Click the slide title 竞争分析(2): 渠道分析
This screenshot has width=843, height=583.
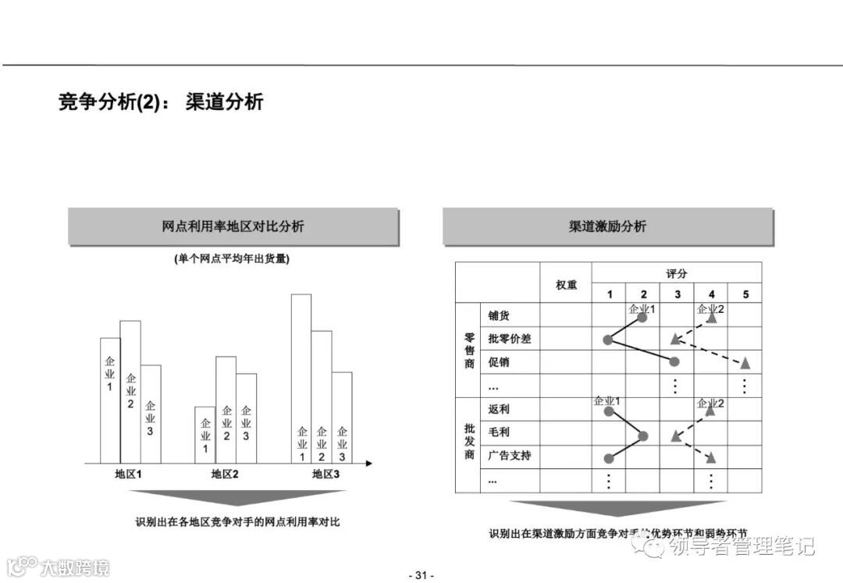click(x=161, y=102)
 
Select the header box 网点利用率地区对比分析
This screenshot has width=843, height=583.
click(x=233, y=226)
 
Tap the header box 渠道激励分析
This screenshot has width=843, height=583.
click(x=607, y=226)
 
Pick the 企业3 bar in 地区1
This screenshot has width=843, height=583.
click(x=151, y=414)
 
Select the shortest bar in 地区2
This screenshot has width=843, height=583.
click(x=205, y=435)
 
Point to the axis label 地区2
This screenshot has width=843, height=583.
click(x=225, y=474)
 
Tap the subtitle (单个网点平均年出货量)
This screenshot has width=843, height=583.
click(x=232, y=259)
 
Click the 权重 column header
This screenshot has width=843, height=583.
click(x=566, y=285)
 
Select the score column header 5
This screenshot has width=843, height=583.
click(x=745, y=294)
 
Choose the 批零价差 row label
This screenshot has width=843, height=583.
click(x=509, y=339)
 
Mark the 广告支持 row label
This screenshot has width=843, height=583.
click(x=509, y=455)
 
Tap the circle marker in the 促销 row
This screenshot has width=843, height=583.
click(x=675, y=362)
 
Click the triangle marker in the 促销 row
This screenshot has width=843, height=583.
click(x=745, y=363)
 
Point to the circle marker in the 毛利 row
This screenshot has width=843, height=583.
click(x=643, y=436)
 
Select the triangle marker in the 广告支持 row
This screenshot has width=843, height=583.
click(x=711, y=457)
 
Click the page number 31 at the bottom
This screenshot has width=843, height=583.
click(x=421, y=575)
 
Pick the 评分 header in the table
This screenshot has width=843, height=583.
click(x=677, y=273)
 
